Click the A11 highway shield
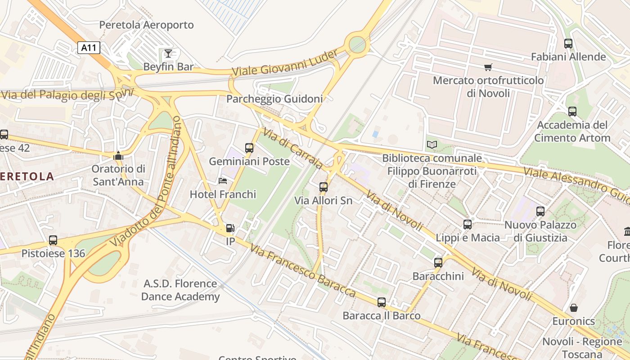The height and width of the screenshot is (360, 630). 89,48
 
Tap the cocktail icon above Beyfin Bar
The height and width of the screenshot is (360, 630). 168,54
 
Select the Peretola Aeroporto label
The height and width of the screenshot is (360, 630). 146,25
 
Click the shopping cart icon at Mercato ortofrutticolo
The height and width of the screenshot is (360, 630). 488,67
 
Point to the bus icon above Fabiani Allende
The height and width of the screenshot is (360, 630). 568,44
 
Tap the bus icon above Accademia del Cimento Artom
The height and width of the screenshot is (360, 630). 572,112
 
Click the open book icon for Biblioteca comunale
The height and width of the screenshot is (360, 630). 432,145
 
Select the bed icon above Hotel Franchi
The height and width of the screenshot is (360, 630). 223,181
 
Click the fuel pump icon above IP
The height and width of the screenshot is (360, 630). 230,228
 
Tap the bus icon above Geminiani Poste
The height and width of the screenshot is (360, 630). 249,148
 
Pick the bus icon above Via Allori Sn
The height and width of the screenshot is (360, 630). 323,187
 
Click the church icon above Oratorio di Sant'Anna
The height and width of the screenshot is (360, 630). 118,156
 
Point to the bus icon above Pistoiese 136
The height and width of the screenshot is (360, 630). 53,240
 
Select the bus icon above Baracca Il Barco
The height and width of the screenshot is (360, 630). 382,302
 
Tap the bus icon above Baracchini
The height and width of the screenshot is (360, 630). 438,263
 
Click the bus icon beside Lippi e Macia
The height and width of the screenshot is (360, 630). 468,225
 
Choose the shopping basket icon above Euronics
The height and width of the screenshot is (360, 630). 574,308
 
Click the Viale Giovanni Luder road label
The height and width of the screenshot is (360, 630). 284,63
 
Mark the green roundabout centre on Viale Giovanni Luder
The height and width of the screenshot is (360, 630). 357,45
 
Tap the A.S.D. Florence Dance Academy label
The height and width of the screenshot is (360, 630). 180,290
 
